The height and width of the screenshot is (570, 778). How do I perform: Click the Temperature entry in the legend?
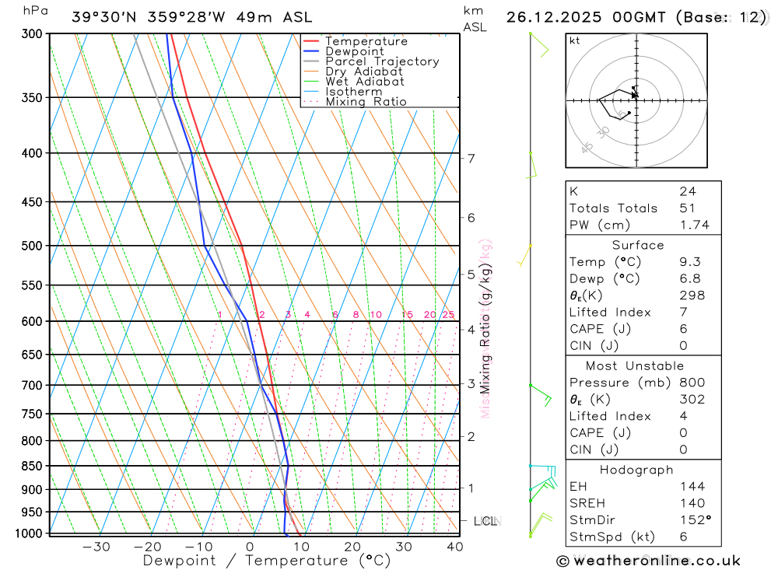point(366,41)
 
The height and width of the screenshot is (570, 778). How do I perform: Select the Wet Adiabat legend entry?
point(364,82)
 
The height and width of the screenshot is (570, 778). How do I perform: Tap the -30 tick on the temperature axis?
point(96,547)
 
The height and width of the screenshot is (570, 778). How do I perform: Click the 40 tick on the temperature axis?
point(455,547)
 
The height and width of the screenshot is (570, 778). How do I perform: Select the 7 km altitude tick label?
point(471,159)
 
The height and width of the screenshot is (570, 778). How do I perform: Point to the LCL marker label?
point(485,521)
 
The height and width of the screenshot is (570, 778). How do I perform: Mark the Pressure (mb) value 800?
point(692,383)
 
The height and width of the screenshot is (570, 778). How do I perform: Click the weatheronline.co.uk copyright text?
point(648,561)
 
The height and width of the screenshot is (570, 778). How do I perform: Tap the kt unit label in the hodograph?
point(575,40)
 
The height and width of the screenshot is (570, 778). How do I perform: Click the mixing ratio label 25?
point(448,315)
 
